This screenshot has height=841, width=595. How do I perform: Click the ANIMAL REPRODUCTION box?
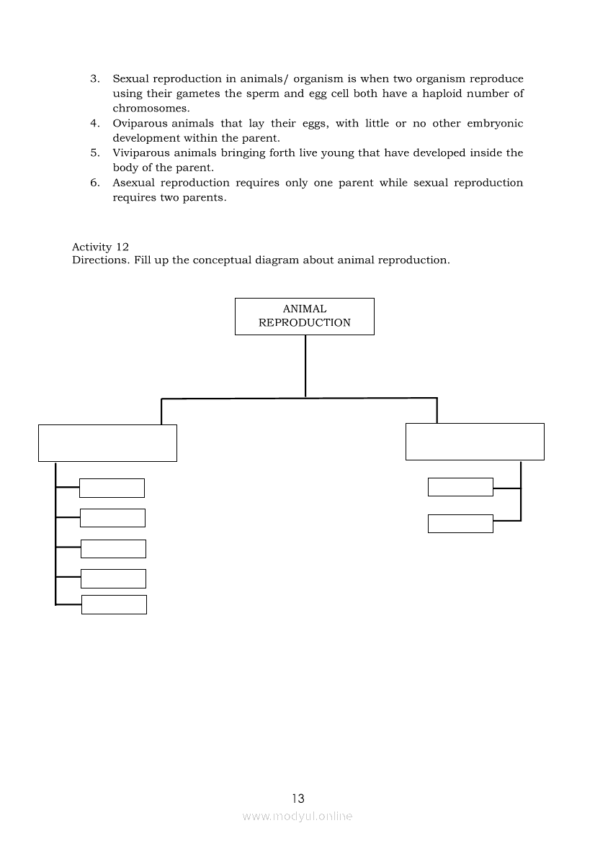click(304, 317)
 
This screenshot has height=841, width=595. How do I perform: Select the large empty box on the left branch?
click(107, 442)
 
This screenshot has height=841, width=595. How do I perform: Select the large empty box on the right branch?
click(475, 442)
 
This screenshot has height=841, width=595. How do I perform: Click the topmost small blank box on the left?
click(112, 488)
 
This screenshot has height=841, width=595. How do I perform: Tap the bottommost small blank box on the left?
click(114, 604)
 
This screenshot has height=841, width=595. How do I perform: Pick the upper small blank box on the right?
click(460, 487)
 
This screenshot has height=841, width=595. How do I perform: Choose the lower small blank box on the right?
click(460, 524)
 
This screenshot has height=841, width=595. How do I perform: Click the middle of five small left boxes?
click(113, 549)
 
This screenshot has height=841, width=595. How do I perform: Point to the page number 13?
click(298, 798)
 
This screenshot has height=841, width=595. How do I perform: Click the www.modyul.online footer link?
click(297, 816)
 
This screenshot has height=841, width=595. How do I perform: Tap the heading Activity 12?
click(100, 247)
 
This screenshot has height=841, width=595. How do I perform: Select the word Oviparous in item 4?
click(139, 123)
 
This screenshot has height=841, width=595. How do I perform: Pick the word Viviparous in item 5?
click(142, 153)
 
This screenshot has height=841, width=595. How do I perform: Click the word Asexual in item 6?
click(133, 183)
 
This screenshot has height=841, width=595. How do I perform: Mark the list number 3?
click(94, 78)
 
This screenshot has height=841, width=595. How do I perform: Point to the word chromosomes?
click(151, 108)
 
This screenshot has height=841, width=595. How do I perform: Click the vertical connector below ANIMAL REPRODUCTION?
click(305, 366)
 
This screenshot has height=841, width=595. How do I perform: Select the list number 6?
click(94, 183)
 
